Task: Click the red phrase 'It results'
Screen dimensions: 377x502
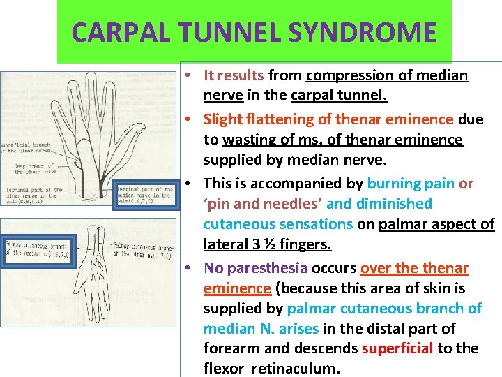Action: [234, 75]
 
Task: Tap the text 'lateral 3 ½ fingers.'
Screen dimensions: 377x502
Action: [267, 244]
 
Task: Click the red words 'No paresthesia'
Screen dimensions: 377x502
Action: [255, 268]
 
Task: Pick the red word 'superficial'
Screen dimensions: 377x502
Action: [397, 348]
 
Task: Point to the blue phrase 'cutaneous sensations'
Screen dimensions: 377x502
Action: [277, 224]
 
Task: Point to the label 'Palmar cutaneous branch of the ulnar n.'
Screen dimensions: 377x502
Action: [143, 250]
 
